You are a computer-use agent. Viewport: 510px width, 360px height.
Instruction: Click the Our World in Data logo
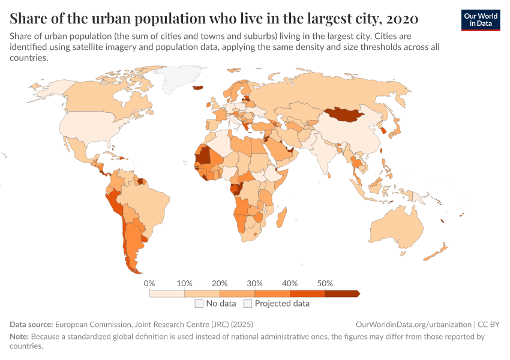click(480, 20)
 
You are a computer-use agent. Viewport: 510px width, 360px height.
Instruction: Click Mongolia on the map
click(345, 113)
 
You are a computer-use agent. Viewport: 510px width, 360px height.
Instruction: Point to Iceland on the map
click(197, 88)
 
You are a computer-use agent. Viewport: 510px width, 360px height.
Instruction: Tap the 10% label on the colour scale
click(184, 283)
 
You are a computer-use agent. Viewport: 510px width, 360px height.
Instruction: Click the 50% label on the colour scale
click(325, 283)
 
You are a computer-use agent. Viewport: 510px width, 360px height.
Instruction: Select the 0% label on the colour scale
click(150, 283)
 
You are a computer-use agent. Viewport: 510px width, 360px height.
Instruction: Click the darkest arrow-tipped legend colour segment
click(341, 293)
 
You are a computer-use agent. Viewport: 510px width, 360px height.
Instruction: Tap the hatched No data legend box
click(199, 304)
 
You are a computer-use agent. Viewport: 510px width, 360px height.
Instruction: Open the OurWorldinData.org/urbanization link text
click(413, 324)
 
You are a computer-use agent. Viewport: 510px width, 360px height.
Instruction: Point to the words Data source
click(31, 324)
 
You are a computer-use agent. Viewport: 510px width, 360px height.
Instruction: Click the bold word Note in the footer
click(19, 337)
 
